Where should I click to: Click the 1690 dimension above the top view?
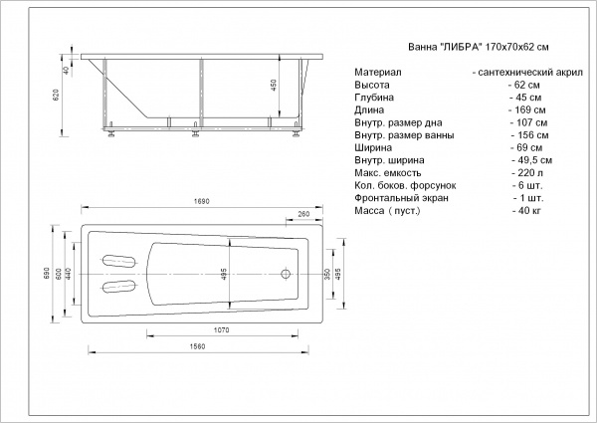[x=201, y=202]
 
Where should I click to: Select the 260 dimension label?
[x=303, y=214]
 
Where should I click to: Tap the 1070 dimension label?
[x=221, y=330]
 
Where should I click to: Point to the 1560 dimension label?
[x=197, y=346]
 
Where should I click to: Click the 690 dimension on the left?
[x=47, y=274]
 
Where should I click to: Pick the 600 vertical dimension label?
[x=59, y=274]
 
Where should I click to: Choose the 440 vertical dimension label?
[x=69, y=274]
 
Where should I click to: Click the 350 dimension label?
[x=327, y=274]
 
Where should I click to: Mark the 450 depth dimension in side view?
[x=274, y=85]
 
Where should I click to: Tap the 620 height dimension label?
[x=56, y=95]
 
